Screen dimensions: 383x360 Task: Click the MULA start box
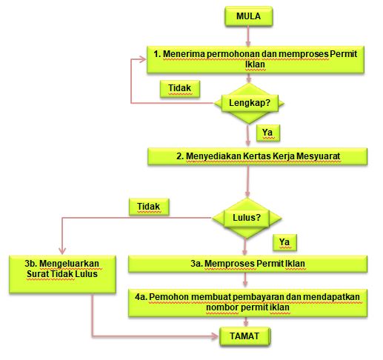249,16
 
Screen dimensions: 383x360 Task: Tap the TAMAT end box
245,336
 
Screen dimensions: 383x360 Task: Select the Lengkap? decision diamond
249,103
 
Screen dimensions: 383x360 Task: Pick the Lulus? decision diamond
247,218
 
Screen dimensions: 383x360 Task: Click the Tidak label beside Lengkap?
180,88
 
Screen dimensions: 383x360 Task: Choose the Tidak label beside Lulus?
149,207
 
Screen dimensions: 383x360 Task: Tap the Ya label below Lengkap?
268,133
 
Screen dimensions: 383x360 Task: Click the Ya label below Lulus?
284,242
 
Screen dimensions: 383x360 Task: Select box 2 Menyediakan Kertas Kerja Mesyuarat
257,156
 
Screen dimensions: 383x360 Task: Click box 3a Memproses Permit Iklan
247,264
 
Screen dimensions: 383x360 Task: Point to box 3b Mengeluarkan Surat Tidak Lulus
62,274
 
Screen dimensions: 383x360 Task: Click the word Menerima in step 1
183,54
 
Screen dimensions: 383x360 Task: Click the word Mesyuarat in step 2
318,156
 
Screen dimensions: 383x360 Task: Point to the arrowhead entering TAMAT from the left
214,336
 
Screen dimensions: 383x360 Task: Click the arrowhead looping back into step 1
143,59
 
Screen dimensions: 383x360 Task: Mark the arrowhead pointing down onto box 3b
62,251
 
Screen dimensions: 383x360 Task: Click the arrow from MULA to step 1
248,36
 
